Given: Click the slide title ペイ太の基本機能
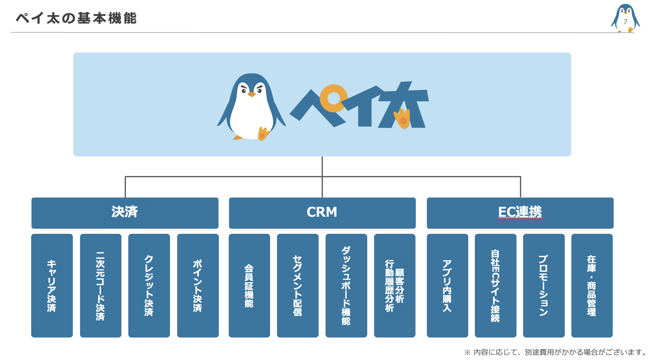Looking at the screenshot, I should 76,18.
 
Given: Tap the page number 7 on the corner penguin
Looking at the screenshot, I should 625,22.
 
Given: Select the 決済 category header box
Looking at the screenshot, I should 125,213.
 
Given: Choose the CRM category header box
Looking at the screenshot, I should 322,213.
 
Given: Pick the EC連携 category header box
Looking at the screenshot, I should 520,213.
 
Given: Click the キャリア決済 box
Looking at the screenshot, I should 52,286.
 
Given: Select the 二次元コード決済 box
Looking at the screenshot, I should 100,286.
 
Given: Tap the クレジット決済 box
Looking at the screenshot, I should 149,286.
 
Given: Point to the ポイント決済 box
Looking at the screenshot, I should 198,286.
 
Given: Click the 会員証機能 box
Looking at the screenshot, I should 249,286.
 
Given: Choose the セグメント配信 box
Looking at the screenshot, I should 298,286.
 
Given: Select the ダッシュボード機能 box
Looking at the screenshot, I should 346,286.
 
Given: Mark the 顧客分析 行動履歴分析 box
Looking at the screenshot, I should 394,286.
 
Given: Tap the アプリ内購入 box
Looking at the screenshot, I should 447,286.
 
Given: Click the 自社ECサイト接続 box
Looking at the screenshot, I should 496,286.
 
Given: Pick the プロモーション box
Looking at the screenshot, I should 544,286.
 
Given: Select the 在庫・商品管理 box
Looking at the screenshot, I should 592,286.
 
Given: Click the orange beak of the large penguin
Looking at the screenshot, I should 252,94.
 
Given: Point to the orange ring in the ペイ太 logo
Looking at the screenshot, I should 333,98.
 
